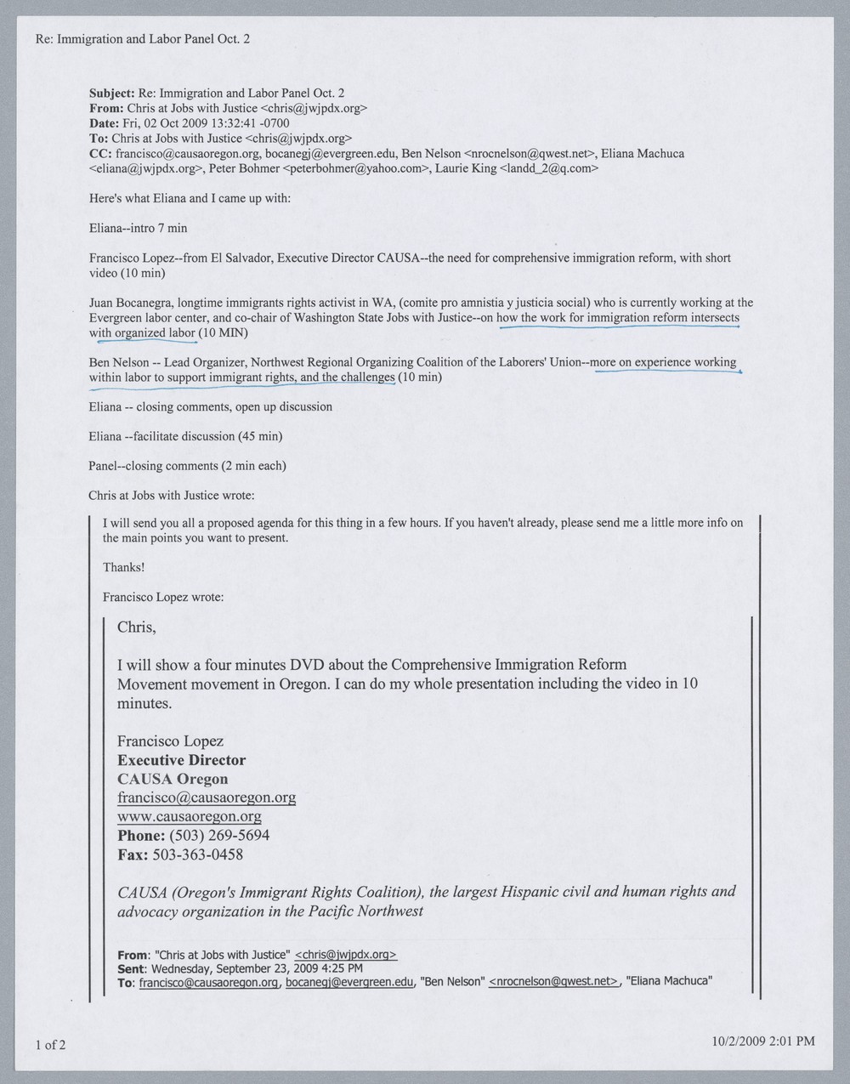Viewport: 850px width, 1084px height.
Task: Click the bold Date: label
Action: click(105, 123)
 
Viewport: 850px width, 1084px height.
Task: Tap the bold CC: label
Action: click(101, 154)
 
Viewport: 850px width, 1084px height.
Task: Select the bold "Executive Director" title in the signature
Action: click(181, 760)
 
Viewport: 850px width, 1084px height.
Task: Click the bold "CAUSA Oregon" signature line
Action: click(173, 779)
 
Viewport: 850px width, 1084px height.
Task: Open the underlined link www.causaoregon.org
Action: click(190, 816)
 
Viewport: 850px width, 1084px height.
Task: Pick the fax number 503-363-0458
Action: click(197, 854)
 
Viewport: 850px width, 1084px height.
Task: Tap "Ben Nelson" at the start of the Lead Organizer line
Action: click(119, 362)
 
